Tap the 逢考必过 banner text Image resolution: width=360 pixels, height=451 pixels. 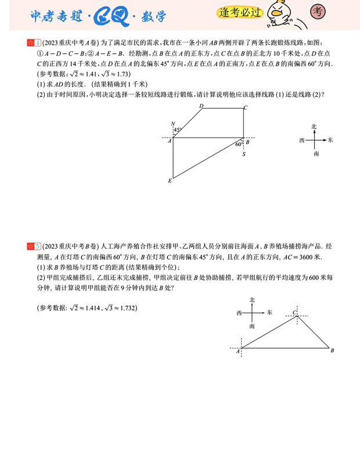pyautogui.click(x=240, y=13)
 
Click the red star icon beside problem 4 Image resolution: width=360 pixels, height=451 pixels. pyautogui.click(x=30, y=43)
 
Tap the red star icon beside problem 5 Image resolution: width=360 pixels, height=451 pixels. pyautogui.click(x=30, y=246)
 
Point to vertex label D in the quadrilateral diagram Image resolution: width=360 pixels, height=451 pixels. pyautogui.click(x=201, y=106)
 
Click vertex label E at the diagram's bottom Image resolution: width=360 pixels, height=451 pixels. pyautogui.click(x=170, y=181)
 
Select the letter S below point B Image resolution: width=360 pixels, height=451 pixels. pyautogui.click(x=244, y=154)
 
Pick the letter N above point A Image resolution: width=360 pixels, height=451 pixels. pyautogui.click(x=172, y=124)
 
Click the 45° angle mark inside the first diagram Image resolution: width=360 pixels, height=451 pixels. pyautogui.click(x=178, y=130)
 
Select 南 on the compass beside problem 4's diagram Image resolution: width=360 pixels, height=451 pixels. pyautogui.click(x=316, y=154)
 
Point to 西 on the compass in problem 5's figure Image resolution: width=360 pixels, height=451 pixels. pyautogui.click(x=239, y=313)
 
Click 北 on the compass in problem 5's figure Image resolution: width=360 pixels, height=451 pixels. pyautogui.click(x=252, y=300)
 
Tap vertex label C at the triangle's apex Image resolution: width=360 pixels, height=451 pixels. pyautogui.click(x=295, y=313)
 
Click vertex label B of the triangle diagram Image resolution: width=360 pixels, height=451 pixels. pyautogui.click(x=332, y=351)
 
